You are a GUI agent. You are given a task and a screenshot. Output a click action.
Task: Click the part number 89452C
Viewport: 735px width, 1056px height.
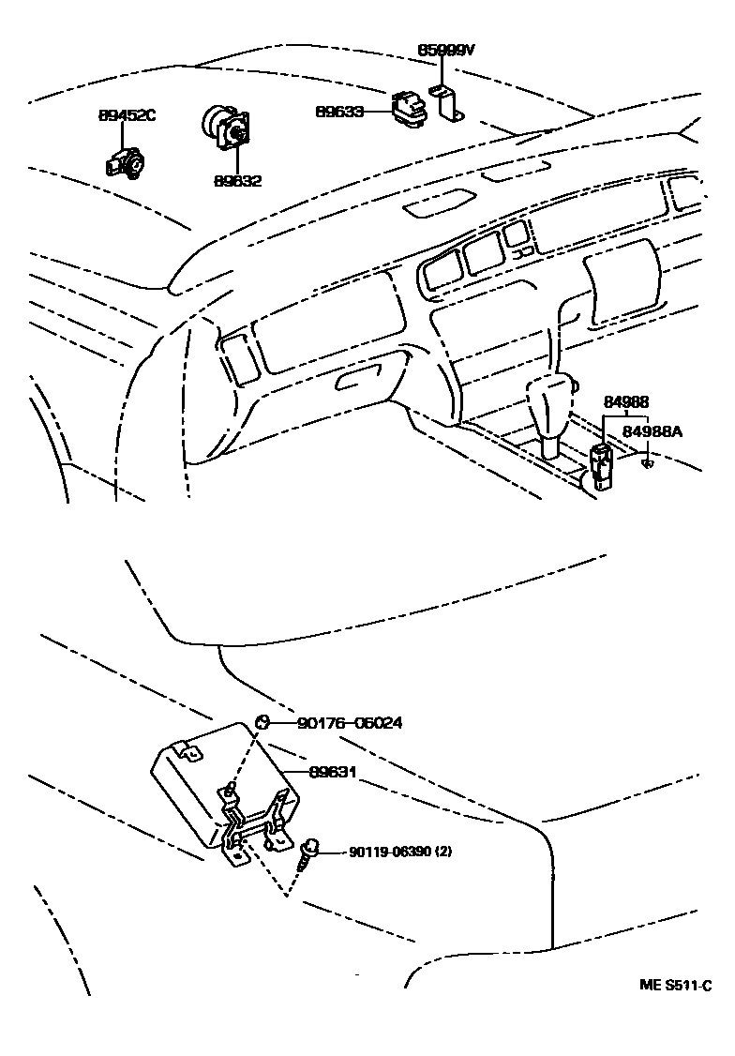click(127, 115)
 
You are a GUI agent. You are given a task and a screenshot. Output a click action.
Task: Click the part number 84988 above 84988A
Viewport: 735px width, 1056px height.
click(625, 402)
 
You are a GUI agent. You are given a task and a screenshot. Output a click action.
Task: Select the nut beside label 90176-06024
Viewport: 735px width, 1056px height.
click(263, 722)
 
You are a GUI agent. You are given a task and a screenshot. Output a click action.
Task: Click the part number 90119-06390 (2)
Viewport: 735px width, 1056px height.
click(400, 852)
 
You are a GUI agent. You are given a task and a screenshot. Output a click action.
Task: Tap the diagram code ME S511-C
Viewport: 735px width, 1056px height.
click(675, 985)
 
